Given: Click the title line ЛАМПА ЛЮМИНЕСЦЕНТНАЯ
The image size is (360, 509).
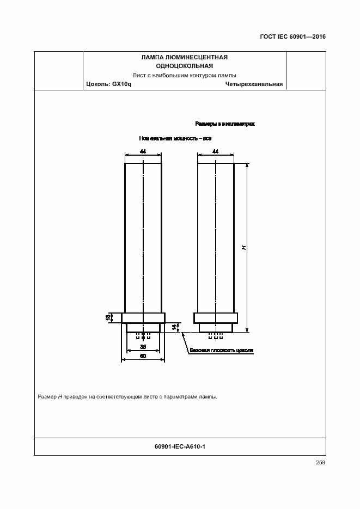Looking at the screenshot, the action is point(184,57).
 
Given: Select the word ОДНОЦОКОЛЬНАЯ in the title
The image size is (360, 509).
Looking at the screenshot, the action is point(184,66).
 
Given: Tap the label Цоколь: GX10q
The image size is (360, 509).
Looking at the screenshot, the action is point(109,84).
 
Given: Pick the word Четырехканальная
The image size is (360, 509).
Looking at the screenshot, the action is point(254,84).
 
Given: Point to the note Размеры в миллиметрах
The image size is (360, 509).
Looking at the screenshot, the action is point(225,124).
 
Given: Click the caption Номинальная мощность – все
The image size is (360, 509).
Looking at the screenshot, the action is point(175,138).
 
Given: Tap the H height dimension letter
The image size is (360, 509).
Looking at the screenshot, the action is point(245,247).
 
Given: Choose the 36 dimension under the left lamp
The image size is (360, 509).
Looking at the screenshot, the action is point(143,347).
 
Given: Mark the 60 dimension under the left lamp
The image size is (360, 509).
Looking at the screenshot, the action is point(143,357).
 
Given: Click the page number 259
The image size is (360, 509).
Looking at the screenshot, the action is point(320,463).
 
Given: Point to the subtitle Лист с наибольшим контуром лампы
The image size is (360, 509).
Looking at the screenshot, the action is point(184,75).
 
